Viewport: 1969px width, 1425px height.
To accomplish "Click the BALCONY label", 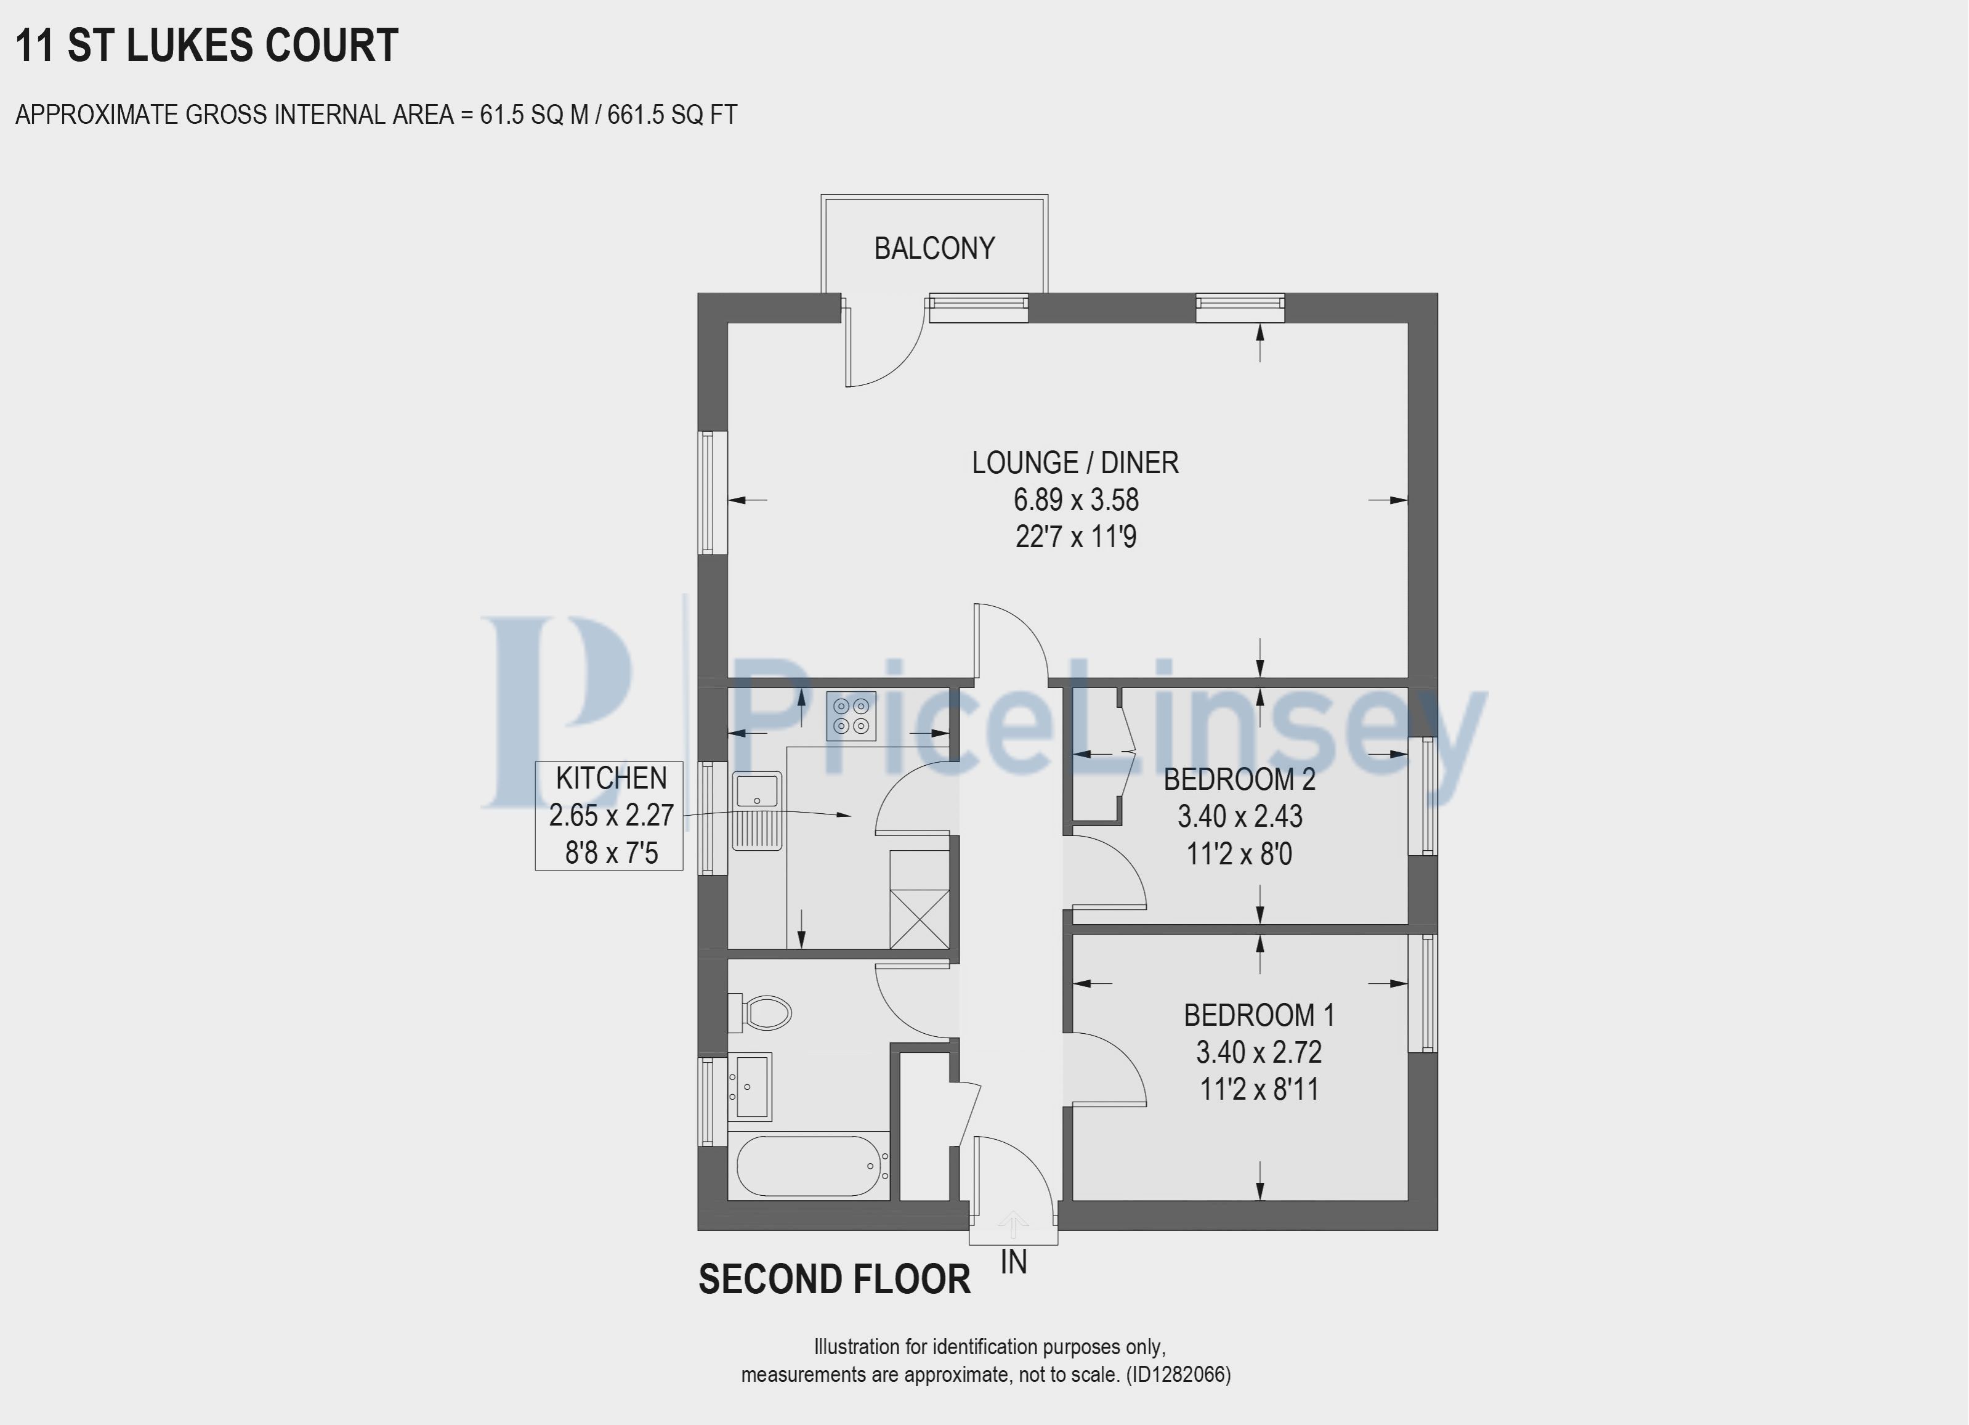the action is pos(934,248).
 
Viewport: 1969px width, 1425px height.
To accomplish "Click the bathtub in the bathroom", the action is pos(808,1166).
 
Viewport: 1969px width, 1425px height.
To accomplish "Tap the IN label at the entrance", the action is pos(1014,1262).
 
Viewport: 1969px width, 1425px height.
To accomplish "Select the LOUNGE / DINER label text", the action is pos(1075,463).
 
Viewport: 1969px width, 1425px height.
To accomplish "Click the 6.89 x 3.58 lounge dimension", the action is pos(1076,500).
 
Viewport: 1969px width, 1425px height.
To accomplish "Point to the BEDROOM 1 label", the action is pos(1259,1015).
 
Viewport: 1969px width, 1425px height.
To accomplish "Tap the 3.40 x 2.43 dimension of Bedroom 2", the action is pos(1240,816).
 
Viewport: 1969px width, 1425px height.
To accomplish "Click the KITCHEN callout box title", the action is pos(611,778).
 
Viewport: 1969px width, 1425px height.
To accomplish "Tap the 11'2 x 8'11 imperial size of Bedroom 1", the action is pos(1259,1089).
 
